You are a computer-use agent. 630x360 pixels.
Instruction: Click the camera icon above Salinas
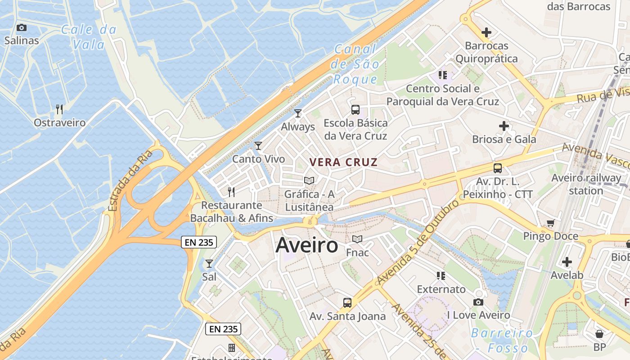(x=21, y=28)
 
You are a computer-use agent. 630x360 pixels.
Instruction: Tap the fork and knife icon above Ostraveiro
(x=59, y=109)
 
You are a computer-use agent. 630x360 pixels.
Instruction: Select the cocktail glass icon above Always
(x=297, y=113)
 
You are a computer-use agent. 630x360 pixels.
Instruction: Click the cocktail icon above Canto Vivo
(x=258, y=145)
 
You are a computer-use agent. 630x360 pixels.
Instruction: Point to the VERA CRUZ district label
(x=343, y=162)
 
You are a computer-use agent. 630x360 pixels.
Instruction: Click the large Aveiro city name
(x=306, y=246)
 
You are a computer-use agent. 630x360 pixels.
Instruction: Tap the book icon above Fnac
(x=357, y=239)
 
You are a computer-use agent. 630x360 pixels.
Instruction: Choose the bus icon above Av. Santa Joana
(x=347, y=302)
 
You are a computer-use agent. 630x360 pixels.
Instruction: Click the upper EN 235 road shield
(x=199, y=242)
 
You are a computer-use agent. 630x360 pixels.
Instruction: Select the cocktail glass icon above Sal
(x=209, y=263)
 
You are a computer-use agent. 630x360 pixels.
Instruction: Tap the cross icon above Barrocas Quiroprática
(x=486, y=32)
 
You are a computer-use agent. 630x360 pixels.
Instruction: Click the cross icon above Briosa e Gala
(x=504, y=126)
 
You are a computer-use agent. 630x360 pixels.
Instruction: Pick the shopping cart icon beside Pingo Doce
(x=550, y=223)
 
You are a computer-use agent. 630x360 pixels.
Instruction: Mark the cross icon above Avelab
(x=567, y=261)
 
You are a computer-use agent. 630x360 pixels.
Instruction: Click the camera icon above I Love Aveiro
(x=478, y=302)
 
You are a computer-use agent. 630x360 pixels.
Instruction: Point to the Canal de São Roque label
(x=355, y=64)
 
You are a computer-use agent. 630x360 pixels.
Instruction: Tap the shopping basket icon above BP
(x=599, y=334)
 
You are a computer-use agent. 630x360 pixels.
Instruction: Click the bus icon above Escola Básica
(x=355, y=109)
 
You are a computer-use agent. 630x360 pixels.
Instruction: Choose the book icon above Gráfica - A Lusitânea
(x=309, y=180)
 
